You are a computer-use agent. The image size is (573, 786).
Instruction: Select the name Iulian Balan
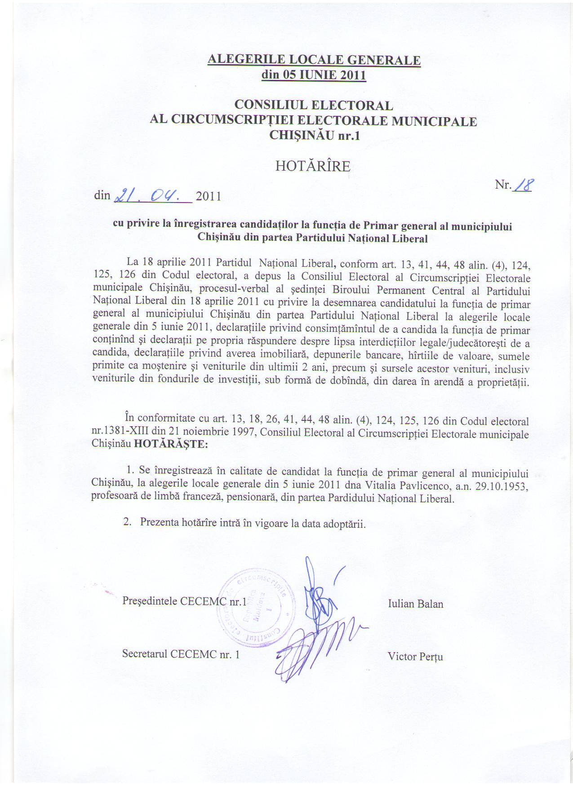[x=415, y=604]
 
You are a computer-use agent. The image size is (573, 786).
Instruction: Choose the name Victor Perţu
[x=415, y=657]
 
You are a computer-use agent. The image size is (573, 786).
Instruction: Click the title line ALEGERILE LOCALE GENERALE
[x=314, y=60]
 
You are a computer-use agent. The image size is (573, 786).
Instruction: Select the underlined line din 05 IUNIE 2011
[x=314, y=75]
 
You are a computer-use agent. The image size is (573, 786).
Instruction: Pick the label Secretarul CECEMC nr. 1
[x=181, y=654]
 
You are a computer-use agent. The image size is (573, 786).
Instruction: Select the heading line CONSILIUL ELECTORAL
[x=314, y=105]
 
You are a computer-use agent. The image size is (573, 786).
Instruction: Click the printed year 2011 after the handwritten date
[x=209, y=197]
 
